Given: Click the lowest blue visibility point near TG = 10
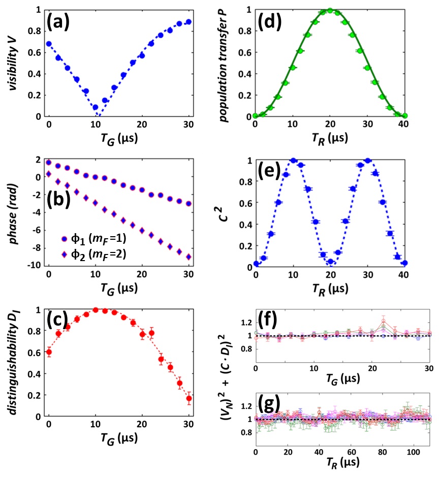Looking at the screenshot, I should pos(96,107).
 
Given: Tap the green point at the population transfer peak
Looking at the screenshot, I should pos(330,10).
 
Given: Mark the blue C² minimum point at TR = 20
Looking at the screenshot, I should pos(330,262).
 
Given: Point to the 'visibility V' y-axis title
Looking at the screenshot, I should pos(20,62).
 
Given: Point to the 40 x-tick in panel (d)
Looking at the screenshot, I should pos(404,125).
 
